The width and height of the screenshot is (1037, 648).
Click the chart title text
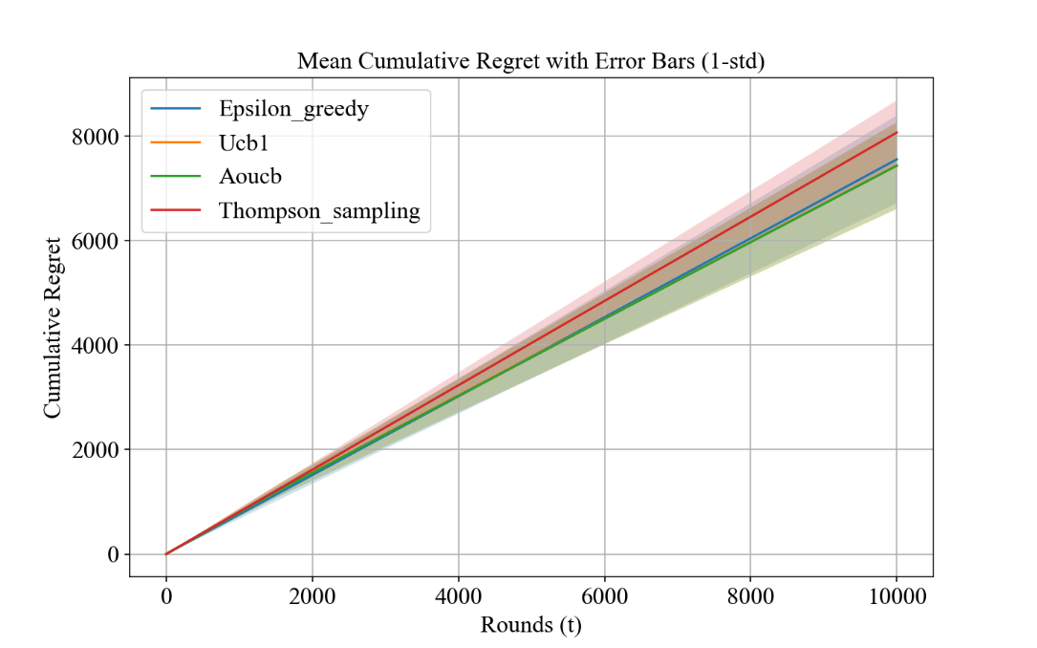[530, 62]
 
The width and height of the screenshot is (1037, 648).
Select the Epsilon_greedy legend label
[292, 108]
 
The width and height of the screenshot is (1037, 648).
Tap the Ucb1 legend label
[243, 141]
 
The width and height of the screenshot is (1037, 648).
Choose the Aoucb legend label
[249, 176]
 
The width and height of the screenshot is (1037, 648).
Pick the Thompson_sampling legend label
[319, 210]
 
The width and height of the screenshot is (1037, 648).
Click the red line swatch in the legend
[176, 210]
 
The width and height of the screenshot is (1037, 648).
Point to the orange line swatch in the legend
[176, 141]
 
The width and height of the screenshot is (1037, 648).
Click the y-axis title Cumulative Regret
[53, 327]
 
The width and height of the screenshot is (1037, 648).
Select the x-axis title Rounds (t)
[530, 625]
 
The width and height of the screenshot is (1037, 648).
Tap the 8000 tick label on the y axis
[96, 137]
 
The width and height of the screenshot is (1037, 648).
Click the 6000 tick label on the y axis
[96, 241]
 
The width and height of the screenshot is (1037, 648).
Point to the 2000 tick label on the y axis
[96, 449]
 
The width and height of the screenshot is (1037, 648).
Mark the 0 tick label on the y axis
[113, 554]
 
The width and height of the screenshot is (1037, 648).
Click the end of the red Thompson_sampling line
[897, 133]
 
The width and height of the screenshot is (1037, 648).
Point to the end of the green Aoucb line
[897, 166]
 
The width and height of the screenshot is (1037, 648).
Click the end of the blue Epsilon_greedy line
[897, 160]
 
